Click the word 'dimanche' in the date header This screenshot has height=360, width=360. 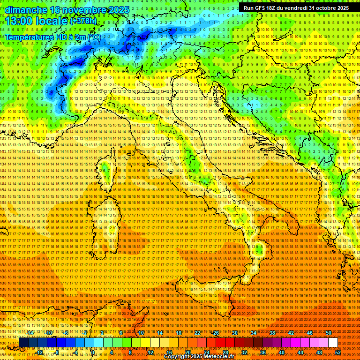26,10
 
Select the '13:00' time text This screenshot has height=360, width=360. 19,21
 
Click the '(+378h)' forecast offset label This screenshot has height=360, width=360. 83,21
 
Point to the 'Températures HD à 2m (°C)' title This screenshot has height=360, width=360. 52,37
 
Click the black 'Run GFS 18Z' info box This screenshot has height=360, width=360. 296,8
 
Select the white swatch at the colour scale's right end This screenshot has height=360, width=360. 333,343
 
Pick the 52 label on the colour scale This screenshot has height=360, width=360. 338,352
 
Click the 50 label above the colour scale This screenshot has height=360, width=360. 329,333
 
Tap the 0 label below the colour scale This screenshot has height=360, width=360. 92,352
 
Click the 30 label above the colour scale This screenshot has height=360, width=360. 235,333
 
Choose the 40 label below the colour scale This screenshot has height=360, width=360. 282,352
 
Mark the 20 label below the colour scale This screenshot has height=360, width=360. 188,352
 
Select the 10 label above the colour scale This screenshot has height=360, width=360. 141,333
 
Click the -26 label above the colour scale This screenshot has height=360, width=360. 216,333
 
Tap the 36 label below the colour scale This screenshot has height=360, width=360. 263,352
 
